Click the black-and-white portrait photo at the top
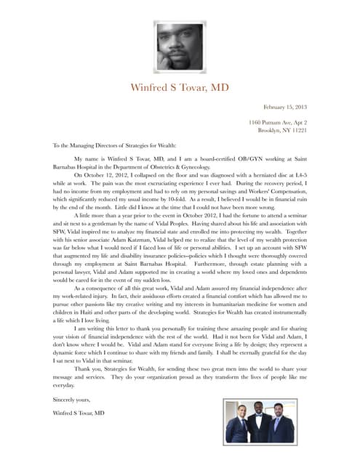pyautogui.click(x=180, y=46)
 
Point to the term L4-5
pyautogui.click(x=298, y=175)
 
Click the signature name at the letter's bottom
pyautogui.click(x=79, y=413)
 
